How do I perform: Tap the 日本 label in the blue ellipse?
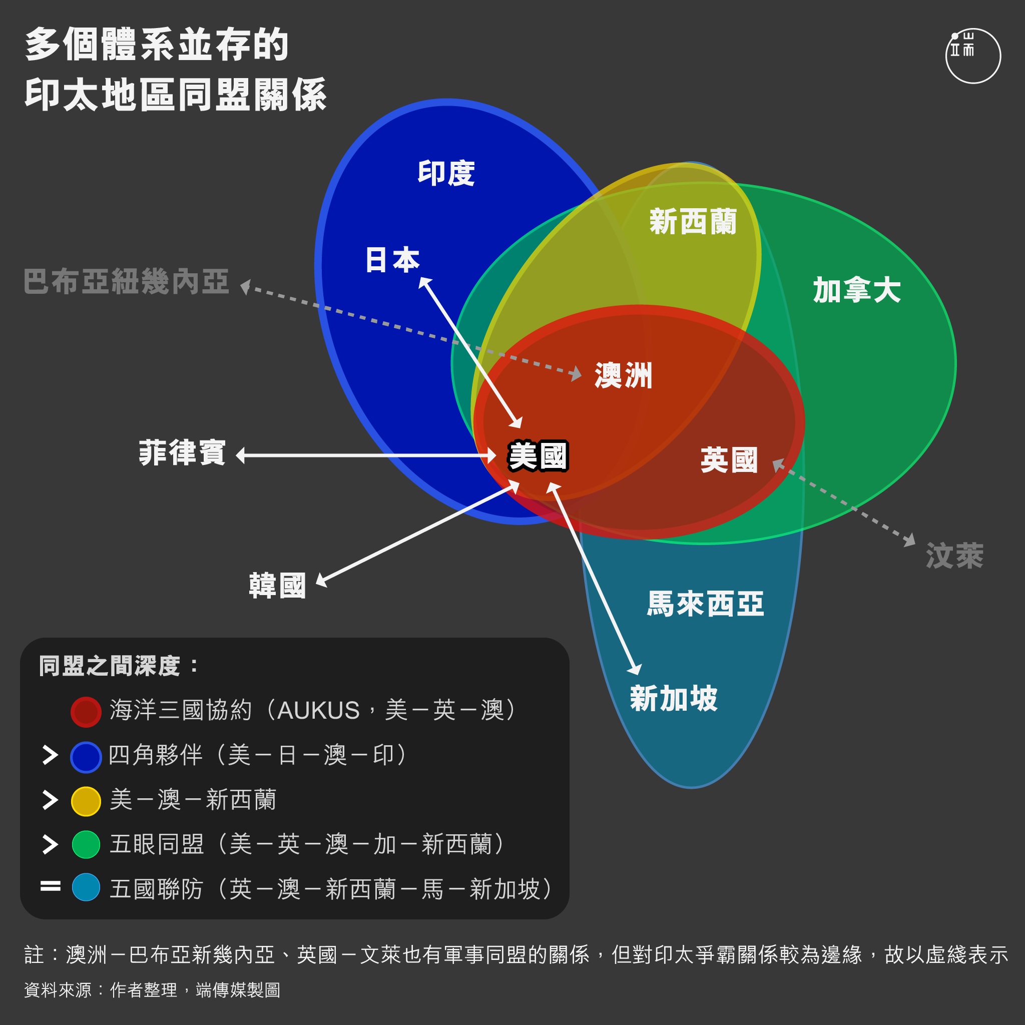coord(392,260)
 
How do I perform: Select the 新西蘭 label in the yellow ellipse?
coord(693,221)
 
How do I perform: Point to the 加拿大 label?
coord(857,290)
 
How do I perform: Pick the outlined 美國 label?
coord(538,456)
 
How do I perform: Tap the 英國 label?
coord(729,459)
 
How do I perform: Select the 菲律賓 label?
coord(182,452)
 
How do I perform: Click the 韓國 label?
coord(277,585)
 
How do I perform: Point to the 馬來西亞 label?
coord(705,604)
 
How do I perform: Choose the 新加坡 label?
coord(674,698)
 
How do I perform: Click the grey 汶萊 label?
coord(954,556)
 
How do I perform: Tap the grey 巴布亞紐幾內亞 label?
coord(126,281)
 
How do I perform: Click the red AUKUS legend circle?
coord(86,712)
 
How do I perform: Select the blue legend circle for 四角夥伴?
coord(86,757)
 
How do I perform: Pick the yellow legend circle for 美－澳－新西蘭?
coord(86,801)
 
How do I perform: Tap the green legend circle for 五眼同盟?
coord(86,845)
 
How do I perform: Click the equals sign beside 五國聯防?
coord(51,886)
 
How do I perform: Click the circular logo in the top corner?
coord(973,56)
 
